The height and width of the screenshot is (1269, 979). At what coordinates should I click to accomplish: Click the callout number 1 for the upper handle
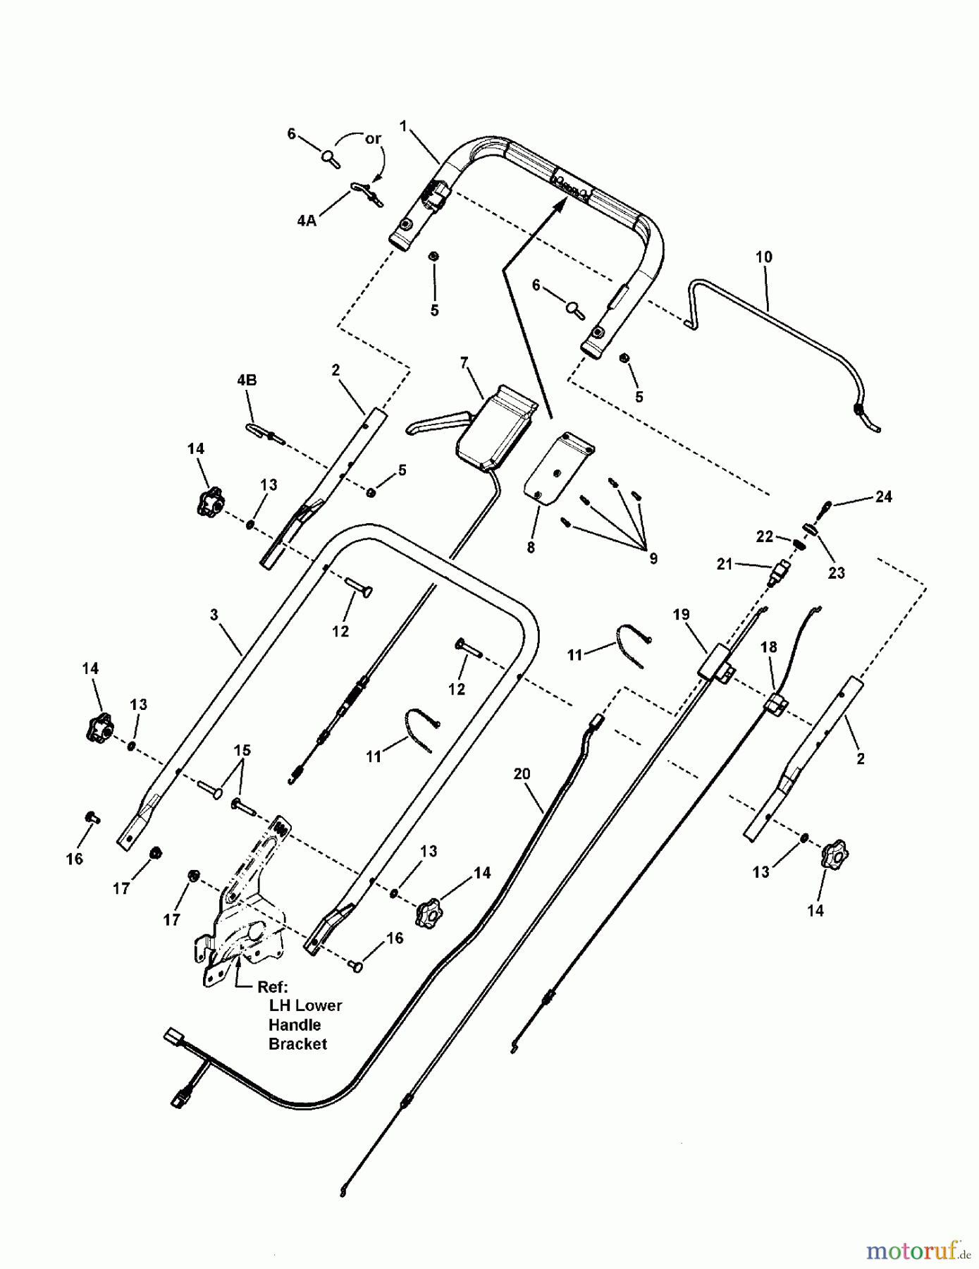point(403,126)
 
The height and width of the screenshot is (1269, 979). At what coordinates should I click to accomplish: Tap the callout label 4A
point(307,221)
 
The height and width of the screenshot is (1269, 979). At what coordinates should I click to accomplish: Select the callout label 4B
point(247,380)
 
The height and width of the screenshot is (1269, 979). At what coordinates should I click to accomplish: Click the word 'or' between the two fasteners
point(373,139)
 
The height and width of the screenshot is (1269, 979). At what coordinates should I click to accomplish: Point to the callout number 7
point(464,363)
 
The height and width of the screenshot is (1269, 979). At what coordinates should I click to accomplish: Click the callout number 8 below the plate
point(531,547)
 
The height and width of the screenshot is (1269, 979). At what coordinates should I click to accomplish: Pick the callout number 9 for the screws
point(653,558)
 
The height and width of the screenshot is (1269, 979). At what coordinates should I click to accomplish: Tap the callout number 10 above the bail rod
point(764,257)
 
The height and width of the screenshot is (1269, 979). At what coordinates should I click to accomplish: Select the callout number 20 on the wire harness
point(522,774)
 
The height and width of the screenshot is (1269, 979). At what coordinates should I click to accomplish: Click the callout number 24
point(883,497)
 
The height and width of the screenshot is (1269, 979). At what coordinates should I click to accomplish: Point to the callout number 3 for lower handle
point(214,615)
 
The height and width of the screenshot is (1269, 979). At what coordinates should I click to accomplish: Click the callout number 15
point(242,750)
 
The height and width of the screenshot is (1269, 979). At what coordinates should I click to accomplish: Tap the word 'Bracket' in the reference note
point(297,1044)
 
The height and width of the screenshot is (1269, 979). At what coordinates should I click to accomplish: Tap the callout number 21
point(725,564)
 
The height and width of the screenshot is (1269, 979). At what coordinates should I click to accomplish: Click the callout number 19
point(681,615)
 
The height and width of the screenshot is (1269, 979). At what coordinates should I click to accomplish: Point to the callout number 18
point(768,647)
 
